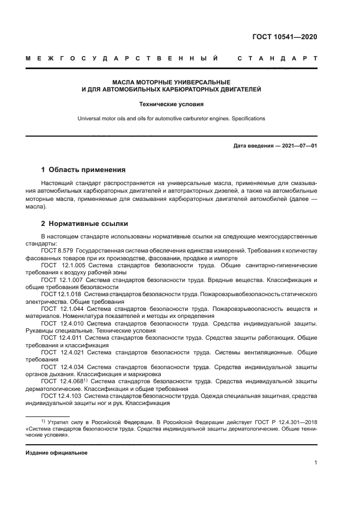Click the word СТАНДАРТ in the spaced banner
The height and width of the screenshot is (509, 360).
(x=277, y=58)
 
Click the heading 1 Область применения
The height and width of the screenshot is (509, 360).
(x=84, y=169)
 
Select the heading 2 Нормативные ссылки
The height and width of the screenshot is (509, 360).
(x=85, y=223)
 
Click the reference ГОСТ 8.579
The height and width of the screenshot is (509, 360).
(x=57, y=251)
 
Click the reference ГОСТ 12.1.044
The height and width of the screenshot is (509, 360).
(x=60, y=309)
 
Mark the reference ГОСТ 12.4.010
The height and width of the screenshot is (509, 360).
(x=60, y=323)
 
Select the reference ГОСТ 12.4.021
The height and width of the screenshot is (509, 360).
(x=60, y=352)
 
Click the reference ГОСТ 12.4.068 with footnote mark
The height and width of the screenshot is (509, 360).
(x=62, y=381)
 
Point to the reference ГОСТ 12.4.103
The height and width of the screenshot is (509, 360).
(x=60, y=396)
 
